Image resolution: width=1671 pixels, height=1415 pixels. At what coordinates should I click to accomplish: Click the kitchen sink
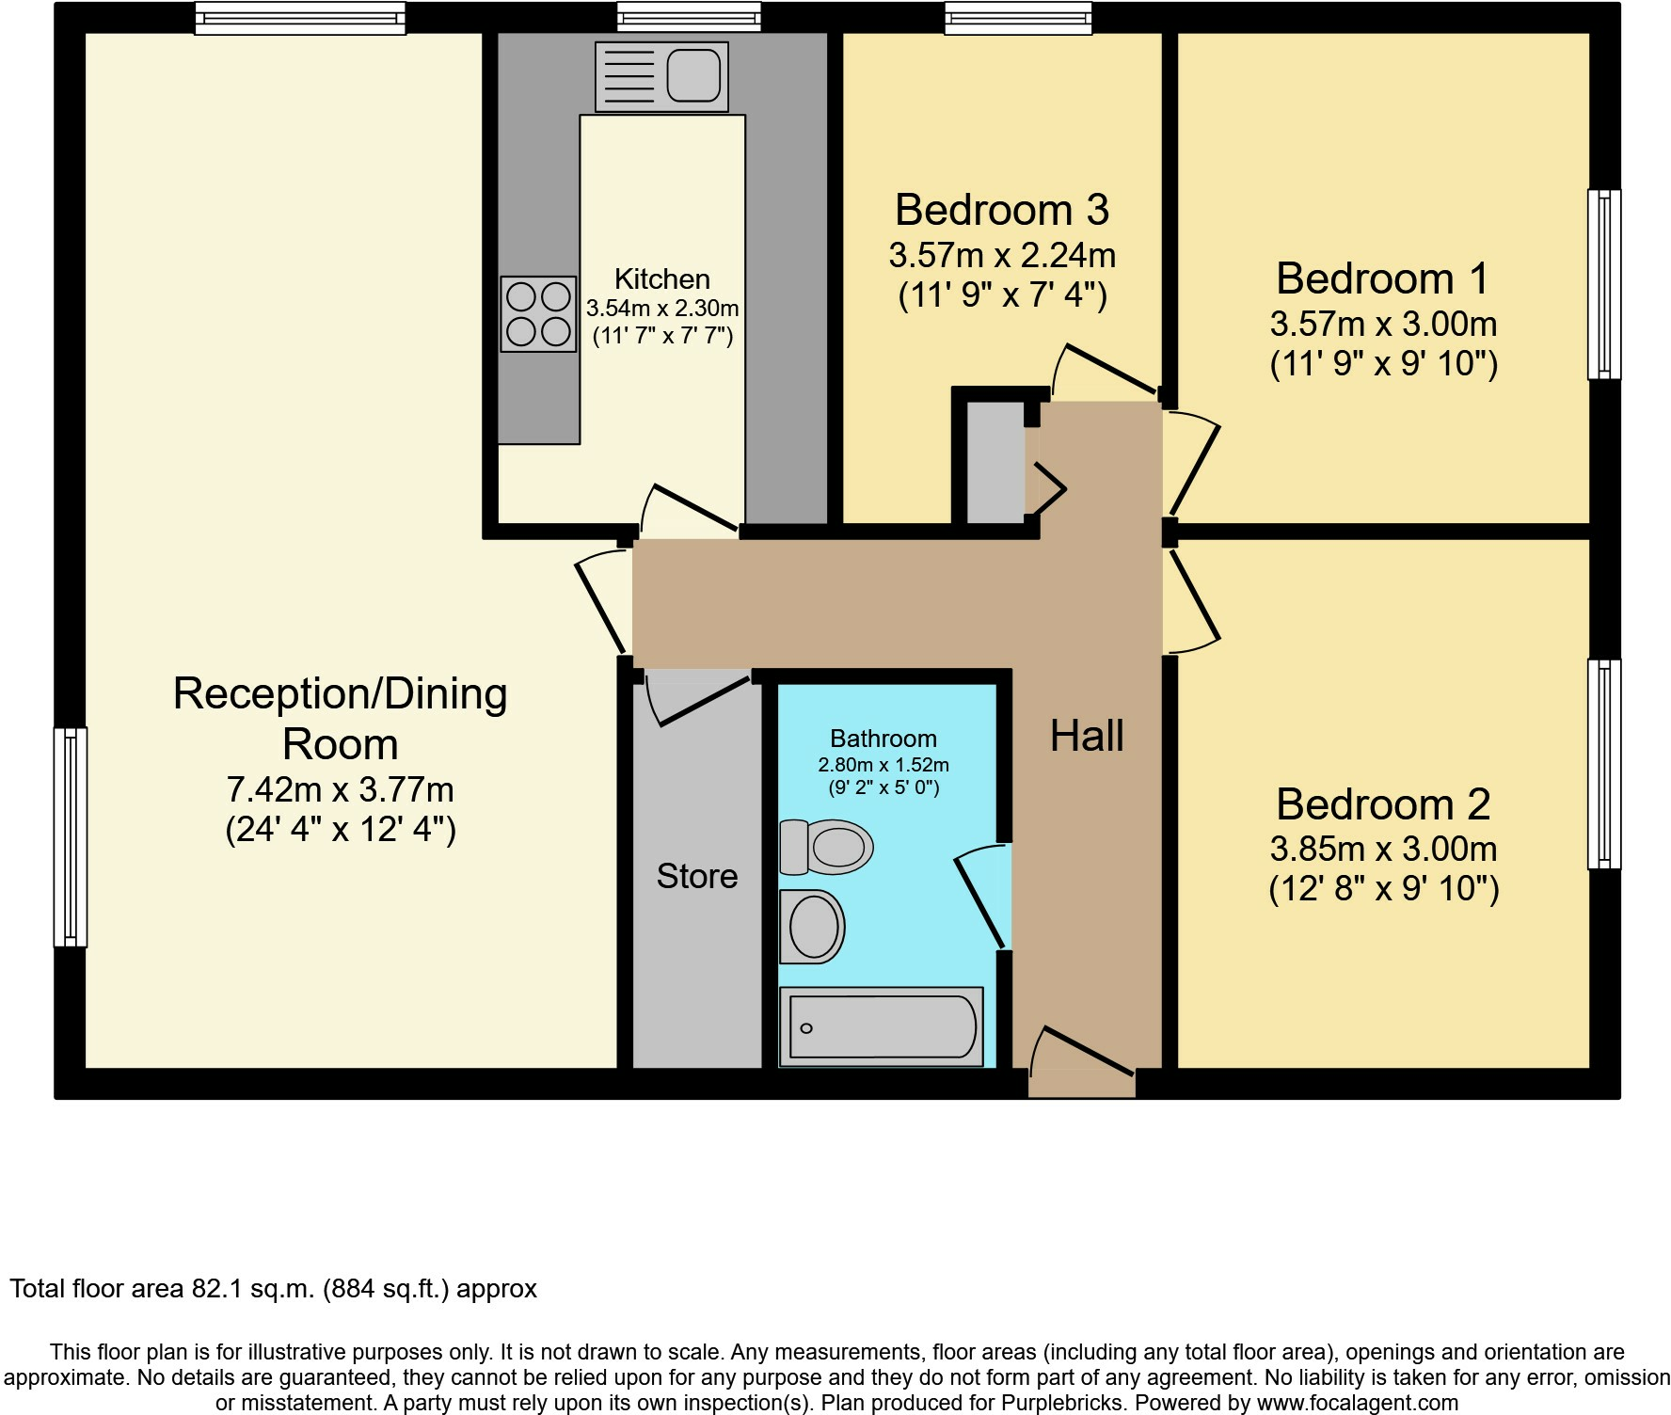click(661, 76)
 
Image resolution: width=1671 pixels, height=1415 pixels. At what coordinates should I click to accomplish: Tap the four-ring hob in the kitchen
click(538, 314)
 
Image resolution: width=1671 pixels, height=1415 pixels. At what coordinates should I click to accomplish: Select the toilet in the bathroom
click(826, 846)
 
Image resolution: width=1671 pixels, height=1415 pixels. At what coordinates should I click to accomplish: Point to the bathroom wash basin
click(812, 927)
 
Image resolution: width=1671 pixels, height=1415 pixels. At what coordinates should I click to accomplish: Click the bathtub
click(882, 1026)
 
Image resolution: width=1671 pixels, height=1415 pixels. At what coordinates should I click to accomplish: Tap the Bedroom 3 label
click(1002, 209)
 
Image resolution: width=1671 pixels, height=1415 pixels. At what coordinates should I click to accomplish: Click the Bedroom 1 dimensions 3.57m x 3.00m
click(1383, 324)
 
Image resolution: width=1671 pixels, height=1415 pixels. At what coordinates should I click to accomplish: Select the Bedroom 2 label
click(1383, 804)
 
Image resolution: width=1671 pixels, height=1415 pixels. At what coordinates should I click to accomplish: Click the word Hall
click(1087, 736)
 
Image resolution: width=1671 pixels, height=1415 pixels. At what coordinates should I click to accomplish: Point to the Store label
click(697, 876)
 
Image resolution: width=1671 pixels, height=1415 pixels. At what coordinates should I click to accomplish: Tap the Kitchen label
click(662, 278)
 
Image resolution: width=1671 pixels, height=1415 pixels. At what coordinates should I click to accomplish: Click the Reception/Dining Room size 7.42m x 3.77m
click(341, 788)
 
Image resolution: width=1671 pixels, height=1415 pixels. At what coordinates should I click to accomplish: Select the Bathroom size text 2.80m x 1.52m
click(883, 765)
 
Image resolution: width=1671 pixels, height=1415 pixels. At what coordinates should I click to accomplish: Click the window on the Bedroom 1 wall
click(1604, 284)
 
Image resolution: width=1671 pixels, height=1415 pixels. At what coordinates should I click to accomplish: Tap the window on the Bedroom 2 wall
click(1604, 764)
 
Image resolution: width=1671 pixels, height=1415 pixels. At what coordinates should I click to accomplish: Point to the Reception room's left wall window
click(71, 836)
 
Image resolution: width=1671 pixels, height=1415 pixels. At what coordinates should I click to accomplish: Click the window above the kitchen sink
click(689, 18)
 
